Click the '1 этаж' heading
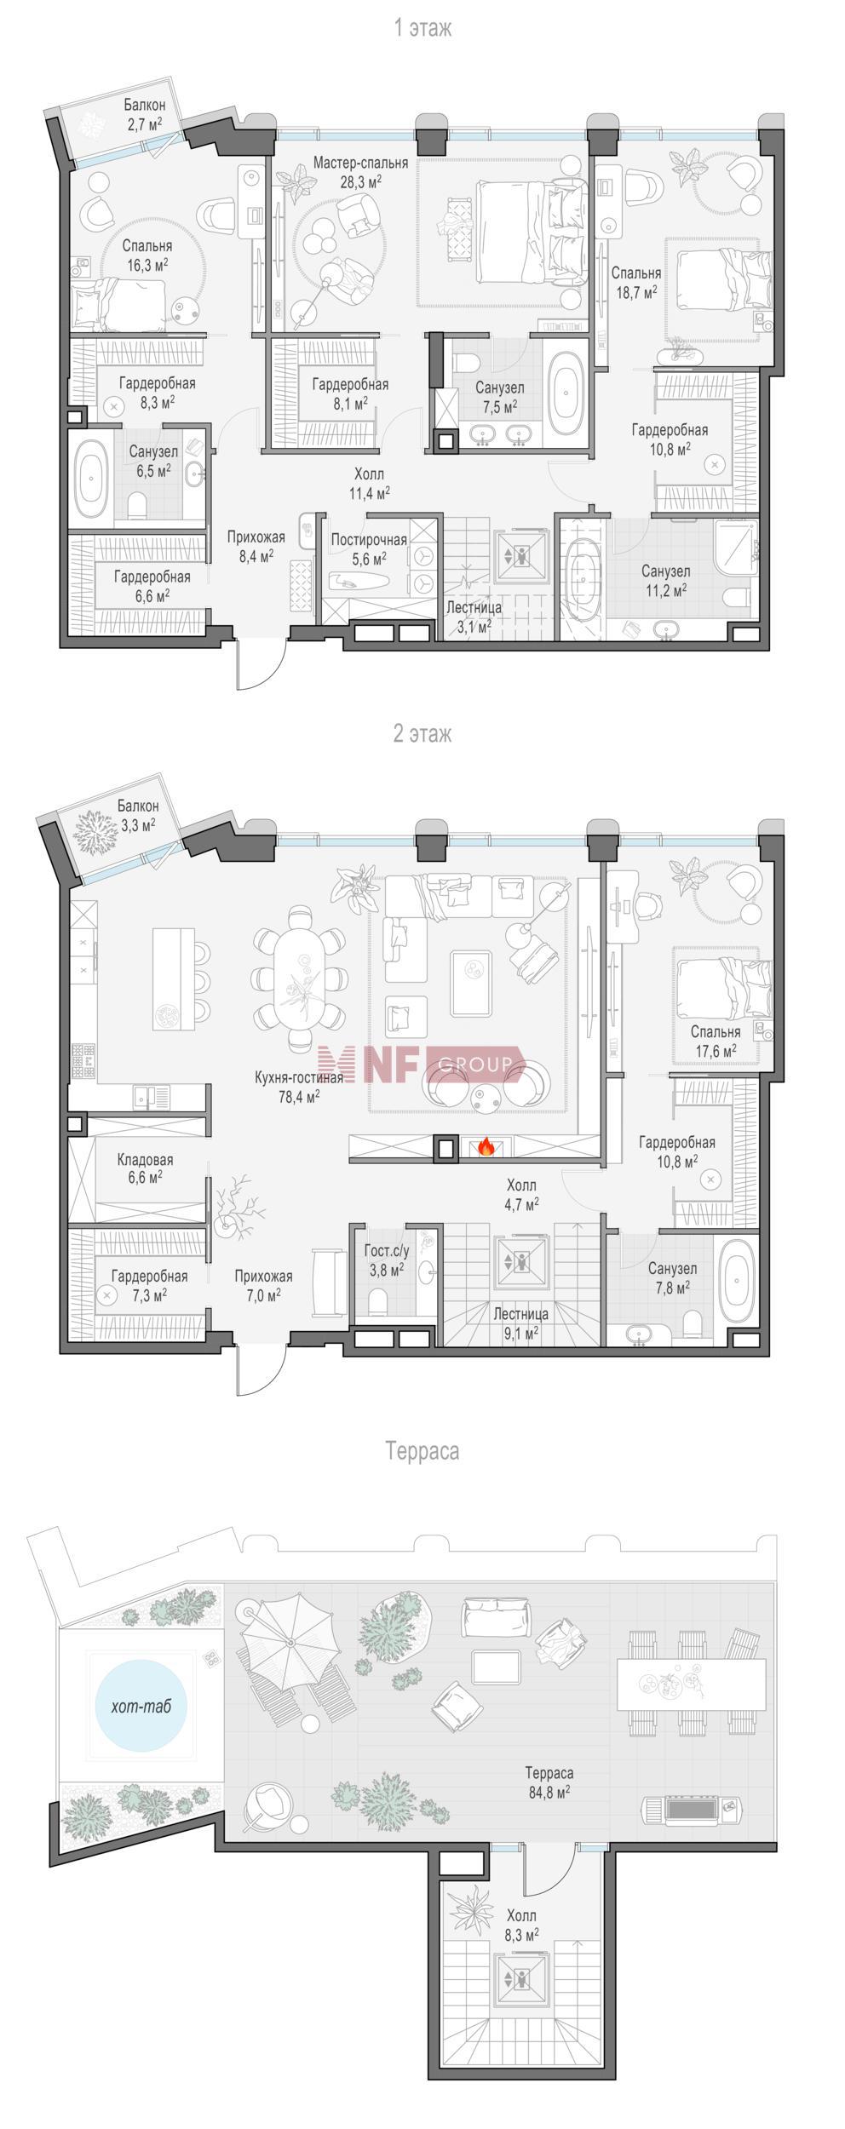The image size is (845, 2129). coord(422,28)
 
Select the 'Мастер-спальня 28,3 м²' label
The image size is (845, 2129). coord(359,171)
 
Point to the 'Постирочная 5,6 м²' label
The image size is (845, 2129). coord(369,548)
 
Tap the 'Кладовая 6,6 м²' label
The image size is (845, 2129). coord(145,1168)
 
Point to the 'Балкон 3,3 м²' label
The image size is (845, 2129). coord(137,814)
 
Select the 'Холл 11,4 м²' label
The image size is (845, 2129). coord(369,482)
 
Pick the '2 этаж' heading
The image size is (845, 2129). coord(422,734)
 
